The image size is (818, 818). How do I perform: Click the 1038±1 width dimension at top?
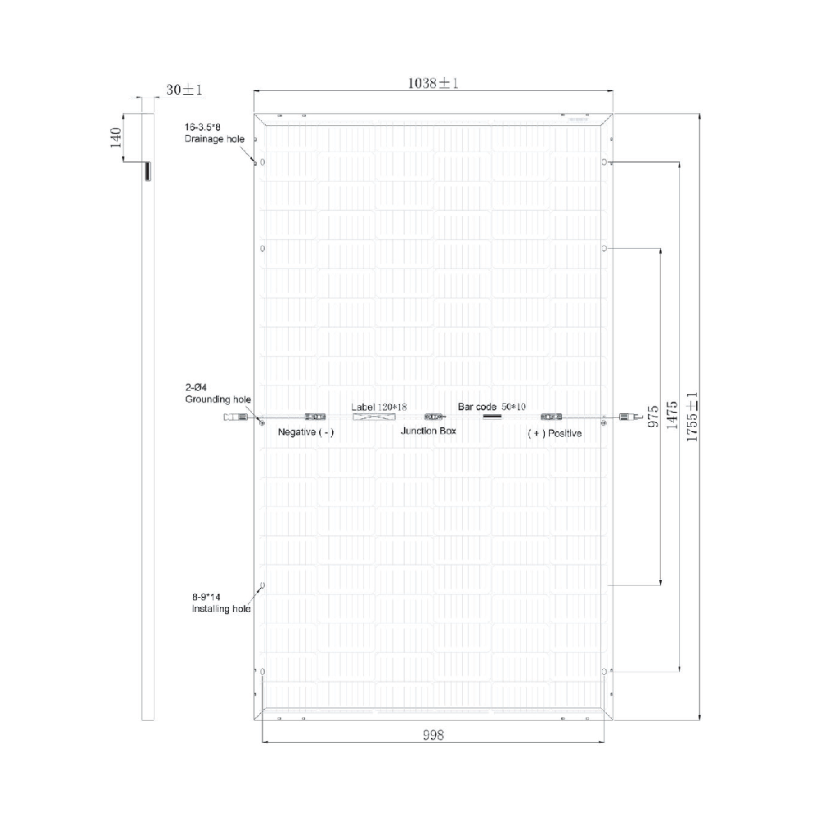coord(432,83)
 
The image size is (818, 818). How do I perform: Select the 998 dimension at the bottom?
coord(433,735)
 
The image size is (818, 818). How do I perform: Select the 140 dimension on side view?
coord(115,137)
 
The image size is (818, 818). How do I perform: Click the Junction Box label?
coord(428,431)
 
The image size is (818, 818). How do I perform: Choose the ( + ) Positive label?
coord(555,433)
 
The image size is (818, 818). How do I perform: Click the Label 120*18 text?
coord(379,407)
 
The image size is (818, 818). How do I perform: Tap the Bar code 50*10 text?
coord(492,407)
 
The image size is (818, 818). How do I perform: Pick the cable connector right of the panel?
coord(629,417)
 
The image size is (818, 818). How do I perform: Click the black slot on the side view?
coord(147,171)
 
